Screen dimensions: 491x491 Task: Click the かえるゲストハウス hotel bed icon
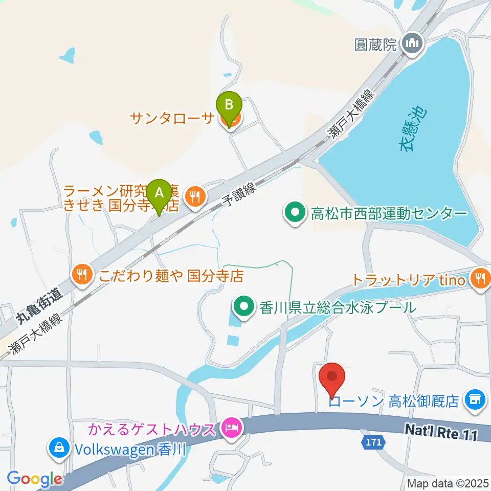click(231, 427)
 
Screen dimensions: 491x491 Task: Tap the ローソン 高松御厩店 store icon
click(474, 399)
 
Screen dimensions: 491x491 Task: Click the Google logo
click(35, 479)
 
